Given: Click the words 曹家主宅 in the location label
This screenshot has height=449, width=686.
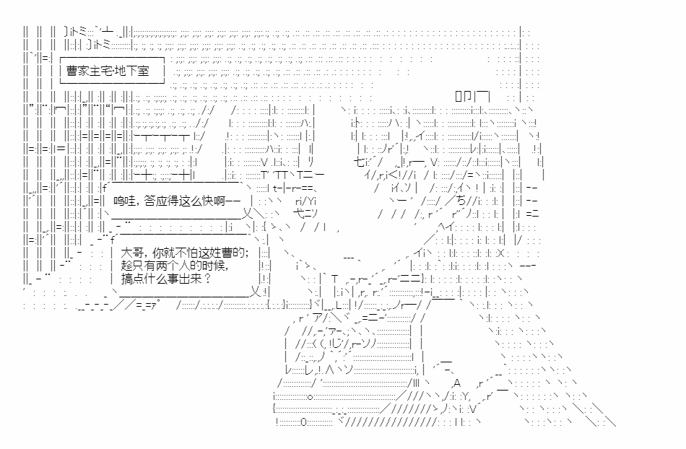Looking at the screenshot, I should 91,71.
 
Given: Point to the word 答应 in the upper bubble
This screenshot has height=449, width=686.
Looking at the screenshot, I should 155,202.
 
